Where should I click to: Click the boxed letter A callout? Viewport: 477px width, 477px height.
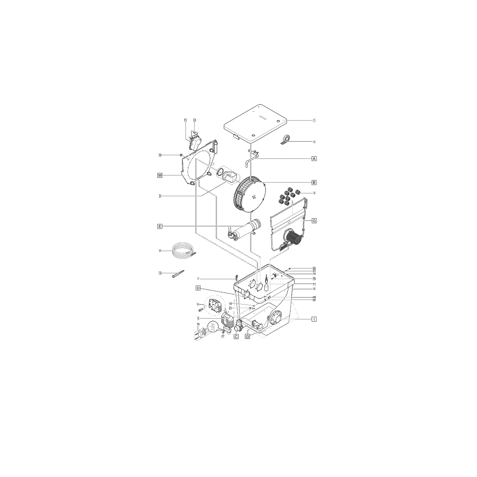[x=314, y=158]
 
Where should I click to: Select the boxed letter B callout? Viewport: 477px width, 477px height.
[x=314, y=183]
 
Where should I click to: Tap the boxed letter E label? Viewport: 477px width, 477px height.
[x=160, y=227]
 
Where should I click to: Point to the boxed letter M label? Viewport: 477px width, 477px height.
[x=160, y=175]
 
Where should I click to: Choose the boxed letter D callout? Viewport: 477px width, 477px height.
[x=197, y=288]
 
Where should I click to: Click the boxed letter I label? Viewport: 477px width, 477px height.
[x=314, y=319]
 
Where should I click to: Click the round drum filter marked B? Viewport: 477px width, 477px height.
[x=250, y=194]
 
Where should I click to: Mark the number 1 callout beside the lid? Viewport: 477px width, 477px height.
[x=314, y=120]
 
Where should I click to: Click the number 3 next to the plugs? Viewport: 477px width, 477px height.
[x=314, y=193]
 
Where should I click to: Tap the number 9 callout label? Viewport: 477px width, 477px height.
[x=160, y=196]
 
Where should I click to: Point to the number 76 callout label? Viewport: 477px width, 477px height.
[x=198, y=324]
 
